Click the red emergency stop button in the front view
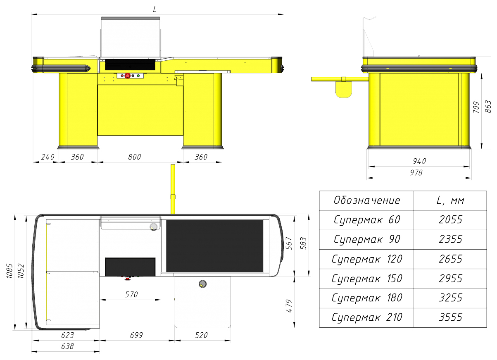(127, 76)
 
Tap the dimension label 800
(134, 157)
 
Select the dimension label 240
(48, 157)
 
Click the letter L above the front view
(155, 9)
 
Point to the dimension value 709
(476, 107)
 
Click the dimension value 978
(416, 172)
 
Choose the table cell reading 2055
(450, 220)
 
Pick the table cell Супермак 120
(367, 259)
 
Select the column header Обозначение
(367, 200)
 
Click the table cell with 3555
(450, 317)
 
